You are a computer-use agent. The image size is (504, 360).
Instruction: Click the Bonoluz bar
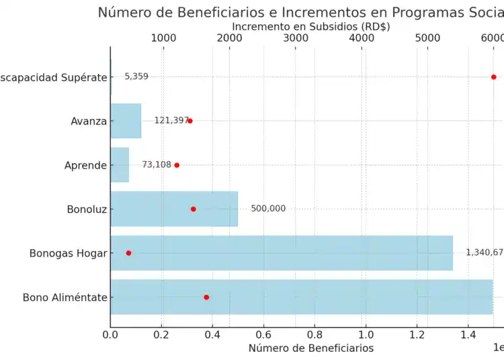174,209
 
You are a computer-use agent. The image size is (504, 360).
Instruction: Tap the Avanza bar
126,121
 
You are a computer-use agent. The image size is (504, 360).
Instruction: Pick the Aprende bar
120,165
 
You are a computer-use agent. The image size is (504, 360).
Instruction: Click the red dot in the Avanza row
190,121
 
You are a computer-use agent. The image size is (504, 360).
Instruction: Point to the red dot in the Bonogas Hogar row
128,253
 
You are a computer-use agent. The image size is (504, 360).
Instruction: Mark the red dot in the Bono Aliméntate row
206,297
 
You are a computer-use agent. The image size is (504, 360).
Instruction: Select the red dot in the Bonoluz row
194,209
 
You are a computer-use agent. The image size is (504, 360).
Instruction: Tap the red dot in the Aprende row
177,165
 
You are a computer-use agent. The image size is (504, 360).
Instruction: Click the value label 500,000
268,209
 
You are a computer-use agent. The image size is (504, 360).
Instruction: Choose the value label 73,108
157,165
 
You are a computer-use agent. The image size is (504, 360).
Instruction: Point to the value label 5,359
136,77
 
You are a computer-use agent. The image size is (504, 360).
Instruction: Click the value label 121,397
171,121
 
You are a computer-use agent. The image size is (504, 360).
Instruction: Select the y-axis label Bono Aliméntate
65,298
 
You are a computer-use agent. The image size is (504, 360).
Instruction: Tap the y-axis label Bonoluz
87,210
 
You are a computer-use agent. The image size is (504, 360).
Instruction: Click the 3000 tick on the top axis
296,38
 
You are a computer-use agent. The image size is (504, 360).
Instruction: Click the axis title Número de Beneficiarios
310,348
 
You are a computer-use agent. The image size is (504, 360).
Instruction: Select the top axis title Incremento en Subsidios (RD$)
310,26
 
